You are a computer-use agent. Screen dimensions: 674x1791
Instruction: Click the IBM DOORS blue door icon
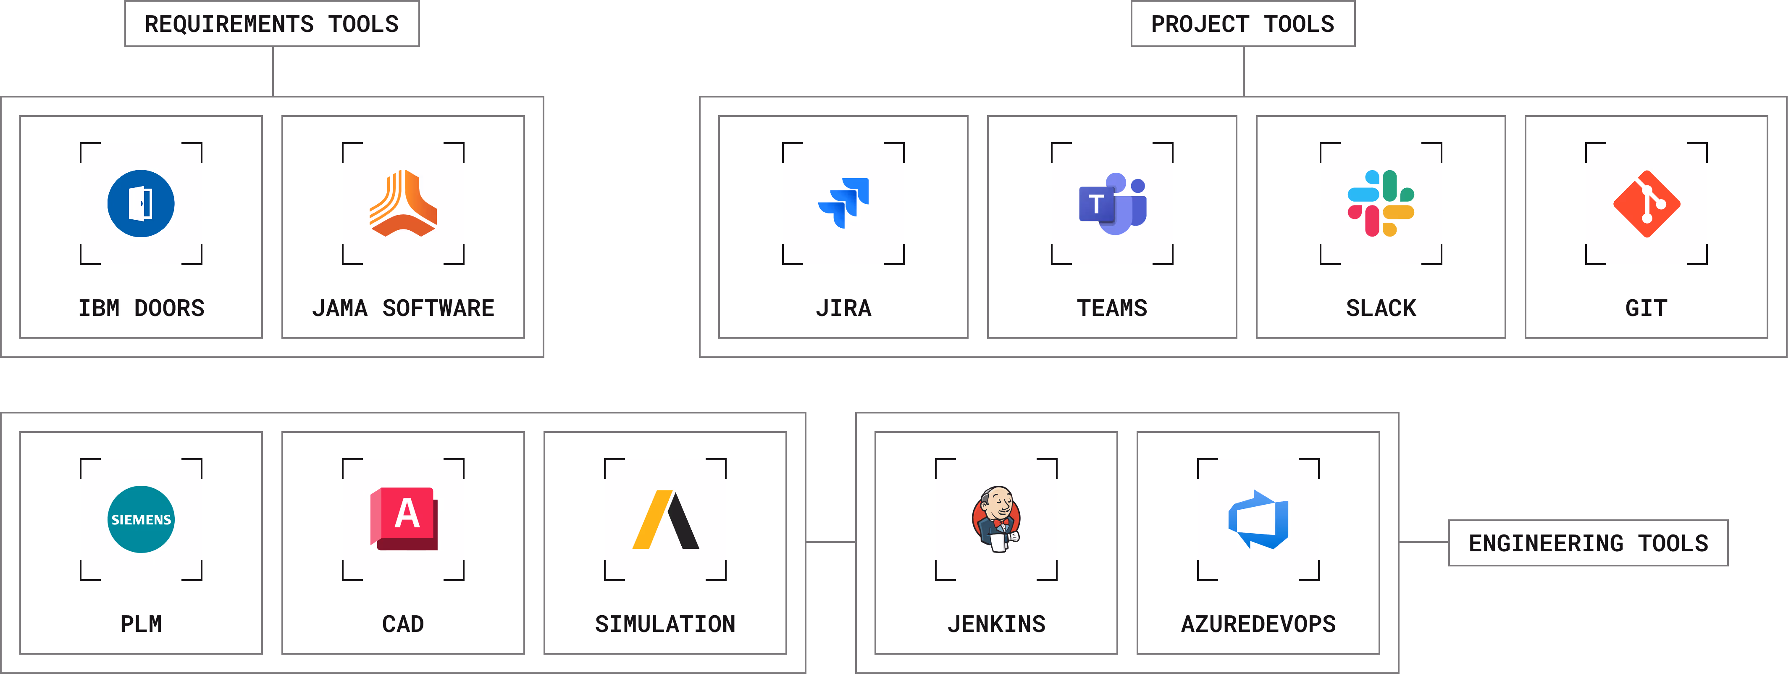(x=141, y=204)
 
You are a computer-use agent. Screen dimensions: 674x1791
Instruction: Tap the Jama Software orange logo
(x=403, y=204)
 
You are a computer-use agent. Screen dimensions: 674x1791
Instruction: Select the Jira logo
(x=843, y=204)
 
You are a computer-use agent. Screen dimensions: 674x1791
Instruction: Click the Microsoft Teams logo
(x=1112, y=204)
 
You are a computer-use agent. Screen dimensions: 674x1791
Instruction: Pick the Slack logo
(x=1381, y=204)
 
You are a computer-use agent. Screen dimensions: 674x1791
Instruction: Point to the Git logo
(x=1647, y=204)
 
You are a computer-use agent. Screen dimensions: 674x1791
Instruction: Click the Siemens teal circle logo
(x=141, y=520)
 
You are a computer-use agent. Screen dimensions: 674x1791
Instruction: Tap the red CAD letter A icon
(x=403, y=520)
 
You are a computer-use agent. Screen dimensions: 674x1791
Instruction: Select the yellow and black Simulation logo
(x=665, y=520)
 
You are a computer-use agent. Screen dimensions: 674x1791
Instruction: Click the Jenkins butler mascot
(x=996, y=520)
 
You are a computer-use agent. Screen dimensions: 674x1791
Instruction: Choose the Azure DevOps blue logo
(x=1258, y=520)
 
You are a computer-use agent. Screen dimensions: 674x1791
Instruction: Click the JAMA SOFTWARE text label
(x=403, y=308)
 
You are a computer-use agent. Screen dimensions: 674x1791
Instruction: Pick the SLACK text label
(x=1381, y=308)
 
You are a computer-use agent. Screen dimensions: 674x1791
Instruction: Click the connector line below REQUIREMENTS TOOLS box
(x=273, y=71)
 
